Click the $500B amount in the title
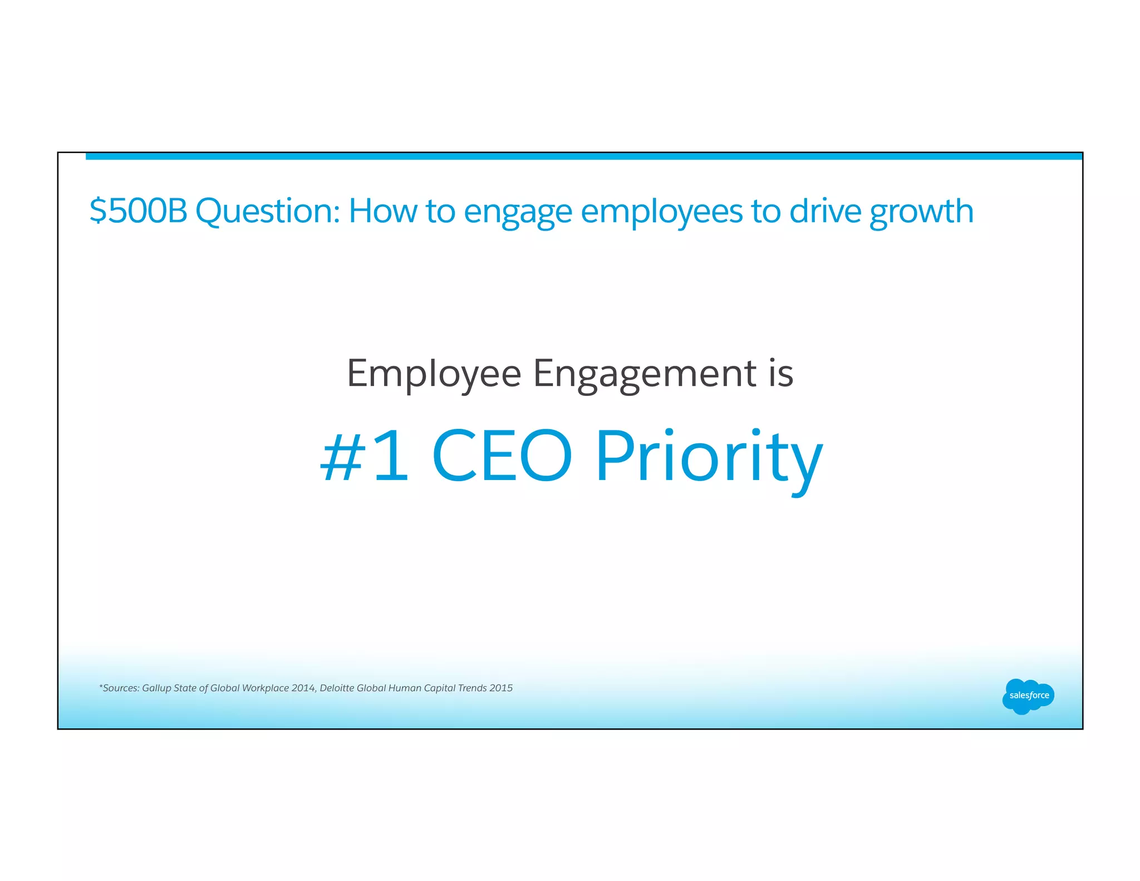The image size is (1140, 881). coord(138,211)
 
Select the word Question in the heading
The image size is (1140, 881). coord(267,211)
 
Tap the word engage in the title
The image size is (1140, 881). coord(518,212)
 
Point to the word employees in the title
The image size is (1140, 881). coord(662,212)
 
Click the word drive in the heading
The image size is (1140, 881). coord(825,211)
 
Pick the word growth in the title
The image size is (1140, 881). coord(921,212)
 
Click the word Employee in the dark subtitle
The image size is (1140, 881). coord(434,374)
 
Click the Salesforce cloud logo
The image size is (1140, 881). coord(1028,696)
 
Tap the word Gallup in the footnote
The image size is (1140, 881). coord(156,688)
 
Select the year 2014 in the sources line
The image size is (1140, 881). coord(303,688)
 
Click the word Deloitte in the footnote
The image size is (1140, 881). coord(337,688)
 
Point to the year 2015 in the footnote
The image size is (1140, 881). coord(500,688)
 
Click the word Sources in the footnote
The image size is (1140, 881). coord(121,688)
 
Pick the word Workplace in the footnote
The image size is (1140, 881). coord(265,688)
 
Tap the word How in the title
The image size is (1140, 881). coord(382,211)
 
